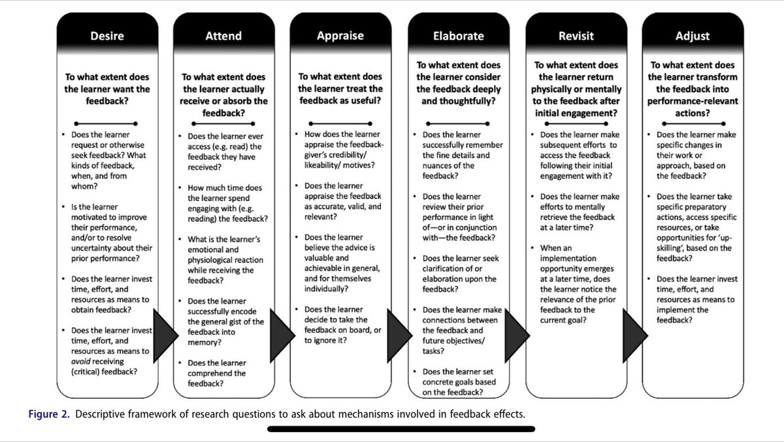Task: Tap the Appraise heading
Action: (x=340, y=36)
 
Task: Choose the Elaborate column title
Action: (x=458, y=36)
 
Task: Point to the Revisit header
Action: (x=576, y=36)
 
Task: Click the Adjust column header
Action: (x=693, y=36)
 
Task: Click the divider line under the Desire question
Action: (x=106, y=123)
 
